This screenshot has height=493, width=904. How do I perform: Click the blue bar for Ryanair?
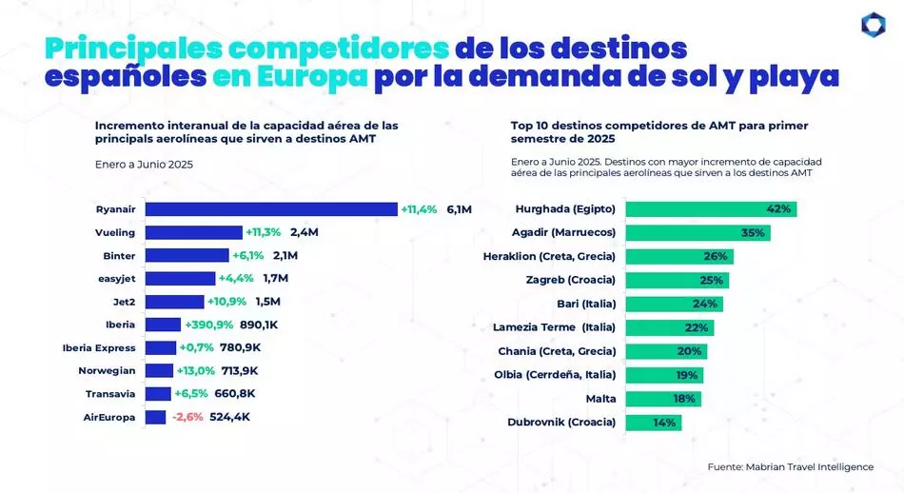pyautogui.click(x=270, y=209)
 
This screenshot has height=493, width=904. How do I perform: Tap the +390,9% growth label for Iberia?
pyautogui.click(x=215, y=325)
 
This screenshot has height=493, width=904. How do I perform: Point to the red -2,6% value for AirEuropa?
pyautogui.click(x=188, y=417)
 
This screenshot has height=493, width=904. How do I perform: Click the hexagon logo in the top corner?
pyautogui.click(x=873, y=27)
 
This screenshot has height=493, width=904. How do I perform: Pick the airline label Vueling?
pyautogui.click(x=115, y=232)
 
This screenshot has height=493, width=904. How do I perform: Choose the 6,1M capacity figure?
pyautogui.click(x=459, y=209)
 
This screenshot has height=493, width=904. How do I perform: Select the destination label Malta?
pyautogui.click(x=598, y=399)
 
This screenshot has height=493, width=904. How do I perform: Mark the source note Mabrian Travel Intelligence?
pyautogui.click(x=790, y=467)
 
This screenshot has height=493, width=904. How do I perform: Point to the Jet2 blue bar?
pyautogui.click(x=173, y=302)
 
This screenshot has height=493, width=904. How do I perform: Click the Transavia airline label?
pyautogui.click(x=110, y=393)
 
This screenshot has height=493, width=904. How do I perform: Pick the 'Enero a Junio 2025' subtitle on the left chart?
pyautogui.click(x=144, y=165)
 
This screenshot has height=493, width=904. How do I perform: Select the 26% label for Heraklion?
pyautogui.click(x=716, y=256)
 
